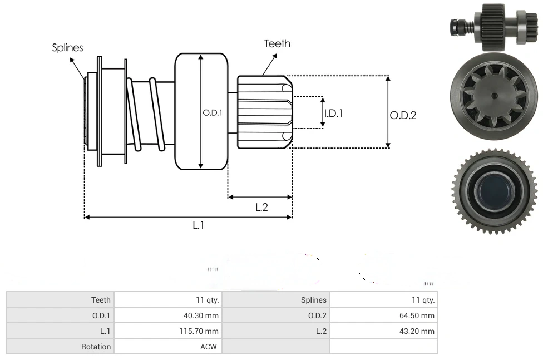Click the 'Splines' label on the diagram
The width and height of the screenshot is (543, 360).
click(x=67, y=48)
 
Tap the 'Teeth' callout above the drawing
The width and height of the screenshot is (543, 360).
click(x=277, y=43)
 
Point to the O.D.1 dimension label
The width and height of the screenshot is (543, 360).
click(x=213, y=112)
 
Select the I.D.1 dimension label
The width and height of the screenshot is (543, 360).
click(x=334, y=113)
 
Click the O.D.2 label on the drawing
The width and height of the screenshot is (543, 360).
click(x=403, y=115)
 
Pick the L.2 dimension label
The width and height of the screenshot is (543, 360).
click(x=261, y=207)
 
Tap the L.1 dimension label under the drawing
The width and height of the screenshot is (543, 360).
click(x=199, y=225)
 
